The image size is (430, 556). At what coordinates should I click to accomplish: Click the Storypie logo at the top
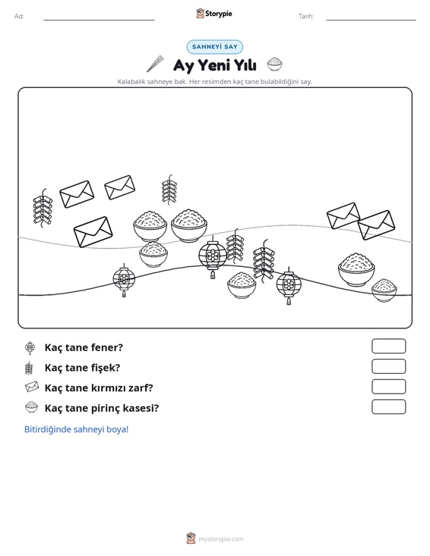[214, 14]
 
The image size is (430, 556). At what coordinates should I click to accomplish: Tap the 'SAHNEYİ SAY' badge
[215, 47]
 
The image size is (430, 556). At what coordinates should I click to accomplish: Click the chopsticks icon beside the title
[155, 64]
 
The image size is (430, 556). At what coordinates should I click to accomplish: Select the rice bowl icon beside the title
[275, 64]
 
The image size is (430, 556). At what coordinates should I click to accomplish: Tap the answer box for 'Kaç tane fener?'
[388, 346]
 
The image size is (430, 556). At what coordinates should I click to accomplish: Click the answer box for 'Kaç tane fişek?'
[388, 366]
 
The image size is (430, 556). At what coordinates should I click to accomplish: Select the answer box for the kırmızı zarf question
[388, 387]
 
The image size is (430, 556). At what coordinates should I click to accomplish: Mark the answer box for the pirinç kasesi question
[388, 407]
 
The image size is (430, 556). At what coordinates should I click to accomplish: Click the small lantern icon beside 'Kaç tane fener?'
[30, 347]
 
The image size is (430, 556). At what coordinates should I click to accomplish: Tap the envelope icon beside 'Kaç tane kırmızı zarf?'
[32, 387]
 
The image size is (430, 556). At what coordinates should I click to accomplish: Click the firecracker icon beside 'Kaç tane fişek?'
[29, 368]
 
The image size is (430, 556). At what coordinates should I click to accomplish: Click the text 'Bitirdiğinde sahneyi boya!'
[76, 429]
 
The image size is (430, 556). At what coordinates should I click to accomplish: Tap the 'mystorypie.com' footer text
[221, 539]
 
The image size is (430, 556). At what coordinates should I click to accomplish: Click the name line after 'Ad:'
[99, 20]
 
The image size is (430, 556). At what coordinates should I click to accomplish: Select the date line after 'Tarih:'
[371, 20]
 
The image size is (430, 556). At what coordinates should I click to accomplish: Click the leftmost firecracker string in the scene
[43, 208]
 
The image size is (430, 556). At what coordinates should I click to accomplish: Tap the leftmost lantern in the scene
[124, 280]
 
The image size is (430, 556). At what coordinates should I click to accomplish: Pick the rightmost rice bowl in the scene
[384, 290]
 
